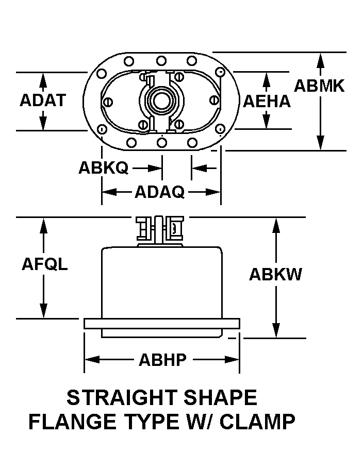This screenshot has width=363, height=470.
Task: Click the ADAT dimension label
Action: pyautogui.click(x=43, y=100)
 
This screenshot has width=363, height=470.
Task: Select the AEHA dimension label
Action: pyautogui.click(x=267, y=102)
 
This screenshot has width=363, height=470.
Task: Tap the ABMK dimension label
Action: pyautogui.click(x=319, y=86)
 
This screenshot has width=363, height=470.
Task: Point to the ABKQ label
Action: pyautogui.click(x=104, y=167)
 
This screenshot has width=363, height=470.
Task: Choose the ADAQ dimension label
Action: pyautogui.click(x=160, y=192)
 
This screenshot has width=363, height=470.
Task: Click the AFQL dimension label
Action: pyautogui.click(x=45, y=264)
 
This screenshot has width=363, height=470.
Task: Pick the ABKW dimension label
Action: pyautogui.click(x=275, y=274)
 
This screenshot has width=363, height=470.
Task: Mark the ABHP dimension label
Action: pyautogui.click(x=162, y=360)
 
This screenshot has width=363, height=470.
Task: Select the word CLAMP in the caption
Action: pyautogui.click(x=257, y=422)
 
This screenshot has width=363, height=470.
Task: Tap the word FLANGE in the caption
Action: pyautogui.click(x=72, y=422)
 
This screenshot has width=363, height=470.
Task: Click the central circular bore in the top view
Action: pyautogui.click(x=161, y=100)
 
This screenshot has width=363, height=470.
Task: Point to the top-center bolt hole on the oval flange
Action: pyautogui.click(x=161, y=61)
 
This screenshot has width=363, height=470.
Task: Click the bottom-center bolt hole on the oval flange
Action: pyautogui.click(x=162, y=143)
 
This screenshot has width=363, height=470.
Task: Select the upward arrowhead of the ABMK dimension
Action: pyautogui.click(x=320, y=60)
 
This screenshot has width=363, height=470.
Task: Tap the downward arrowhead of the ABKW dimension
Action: pyautogui.click(x=276, y=330)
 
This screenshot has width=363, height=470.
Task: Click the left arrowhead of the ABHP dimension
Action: pyautogui.click(x=92, y=359)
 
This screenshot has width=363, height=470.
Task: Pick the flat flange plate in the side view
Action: pyautogui.click(x=162, y=324)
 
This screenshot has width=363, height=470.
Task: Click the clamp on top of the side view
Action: pyautogui.click(x=160, y=228)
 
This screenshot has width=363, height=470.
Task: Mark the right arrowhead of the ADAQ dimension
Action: pyautogui.click(x=213, y=192)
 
